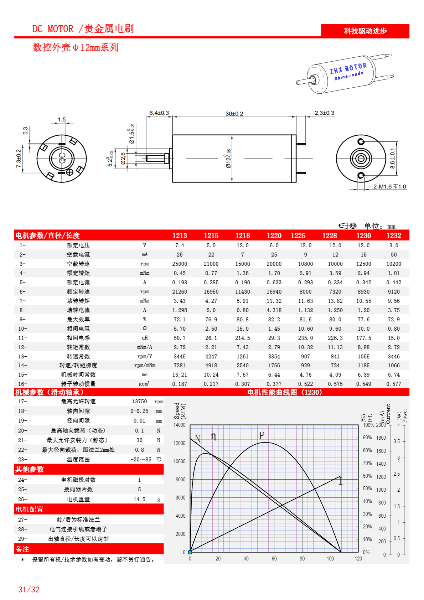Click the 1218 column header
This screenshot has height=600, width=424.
click(x=242, y=236)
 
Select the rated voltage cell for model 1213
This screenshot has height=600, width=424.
click(x=180, y=245)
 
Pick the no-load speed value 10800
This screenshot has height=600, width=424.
click(x=305, y=264)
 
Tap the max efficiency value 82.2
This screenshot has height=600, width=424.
click(x=274, y=320)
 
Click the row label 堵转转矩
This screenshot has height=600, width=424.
click(x=78, y=301)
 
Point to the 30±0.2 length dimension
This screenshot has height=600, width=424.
click(x=234, y=114)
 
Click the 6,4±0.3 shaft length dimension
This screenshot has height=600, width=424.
click(x=159, y=113)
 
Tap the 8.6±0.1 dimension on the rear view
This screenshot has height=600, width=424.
click(x=392, y=158)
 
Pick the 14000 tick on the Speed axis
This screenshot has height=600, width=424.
click(x=180, y=425)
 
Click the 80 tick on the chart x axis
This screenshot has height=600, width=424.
click(x=302, y=559)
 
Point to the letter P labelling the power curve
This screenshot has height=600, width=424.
click(x=262, y=435)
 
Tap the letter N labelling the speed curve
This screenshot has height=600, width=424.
click(x=198, y=439)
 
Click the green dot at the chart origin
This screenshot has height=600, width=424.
click(x=190, y=552)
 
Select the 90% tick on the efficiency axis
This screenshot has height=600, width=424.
click(x=367, y=438)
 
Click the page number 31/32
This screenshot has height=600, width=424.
click(x=29, y=590)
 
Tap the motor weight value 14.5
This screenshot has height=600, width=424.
click(x=139, y=500)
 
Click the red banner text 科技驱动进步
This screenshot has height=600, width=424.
click(x=365, y=31)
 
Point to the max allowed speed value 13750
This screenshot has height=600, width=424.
click(x=139, y=402)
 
